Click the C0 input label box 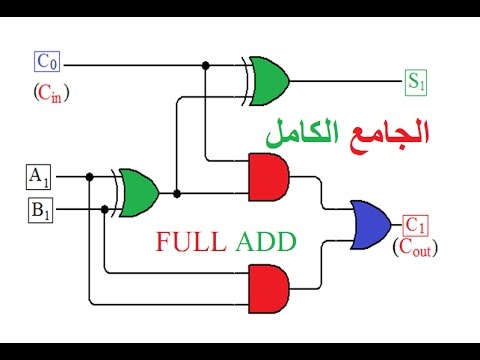click(47, 62)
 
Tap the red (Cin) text click(51, 93)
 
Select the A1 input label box click(39, 177)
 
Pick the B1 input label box click(40, 210)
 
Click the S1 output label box click(416, 82)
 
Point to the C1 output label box click(415, 226)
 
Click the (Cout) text click(415, 248)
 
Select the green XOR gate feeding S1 click(266, 81)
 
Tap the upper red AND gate click(269, 177)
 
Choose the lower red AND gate click(269, 289)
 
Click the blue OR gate click(371, 225)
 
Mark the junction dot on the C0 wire click(206, 65)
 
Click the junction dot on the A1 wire click(89, 177)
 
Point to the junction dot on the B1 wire click(105, 209)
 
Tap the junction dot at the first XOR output click(177, 193)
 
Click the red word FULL click(191, 241)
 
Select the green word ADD click(266, 241)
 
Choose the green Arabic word click(302, 133)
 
